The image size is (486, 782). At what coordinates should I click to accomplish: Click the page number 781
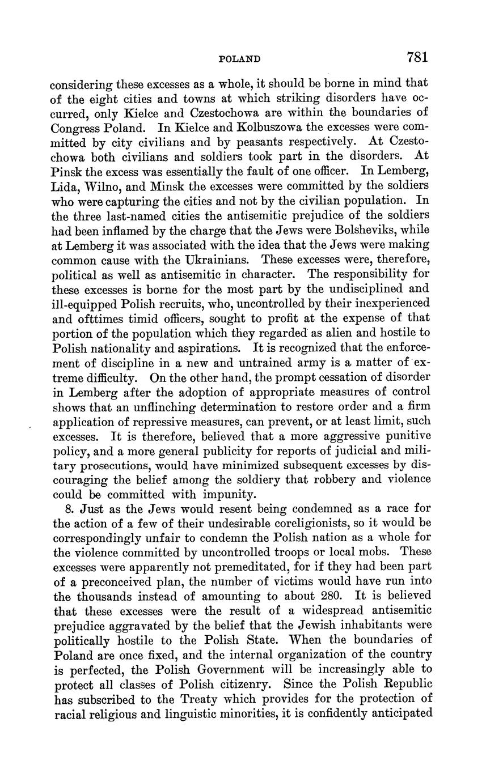[x=416, y=57]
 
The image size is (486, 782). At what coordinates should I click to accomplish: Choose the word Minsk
[x=167, y=186]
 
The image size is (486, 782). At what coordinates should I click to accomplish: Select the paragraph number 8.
[x=69, y=508]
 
